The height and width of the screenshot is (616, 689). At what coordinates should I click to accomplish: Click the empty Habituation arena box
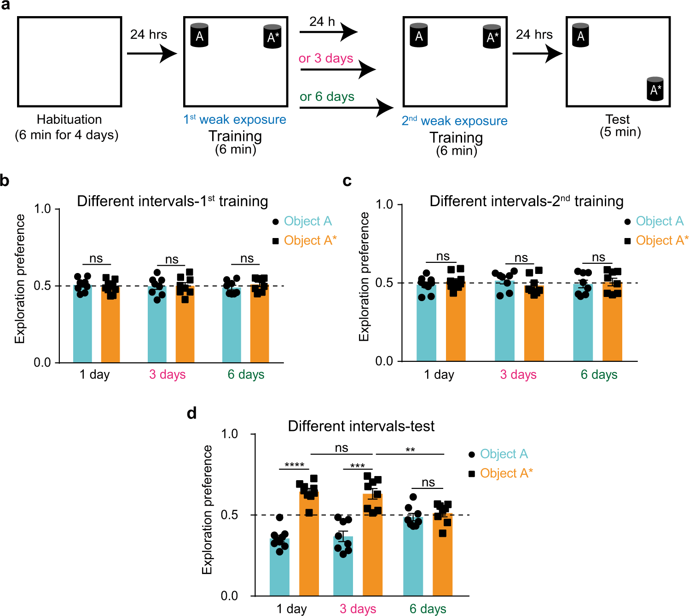point(69,62)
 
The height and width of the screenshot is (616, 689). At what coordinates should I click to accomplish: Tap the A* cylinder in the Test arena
point(655,89)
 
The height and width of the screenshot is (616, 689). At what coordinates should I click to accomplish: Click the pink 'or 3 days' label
point(326,58)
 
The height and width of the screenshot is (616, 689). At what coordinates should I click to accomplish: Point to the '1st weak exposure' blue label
point(235,120)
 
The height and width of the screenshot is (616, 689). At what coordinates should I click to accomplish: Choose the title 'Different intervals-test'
point(361,426)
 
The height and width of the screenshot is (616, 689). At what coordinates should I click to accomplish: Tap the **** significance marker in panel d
point(294,465)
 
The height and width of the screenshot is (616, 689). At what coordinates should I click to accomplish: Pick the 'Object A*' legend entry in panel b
point(310,240)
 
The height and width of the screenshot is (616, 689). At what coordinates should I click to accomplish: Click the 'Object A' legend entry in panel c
point(659,221)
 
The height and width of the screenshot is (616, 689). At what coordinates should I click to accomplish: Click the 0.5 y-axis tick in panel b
point(42,285)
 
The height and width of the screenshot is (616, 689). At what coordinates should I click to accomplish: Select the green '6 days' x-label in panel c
point(599,375)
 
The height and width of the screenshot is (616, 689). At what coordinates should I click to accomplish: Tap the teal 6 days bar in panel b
point(232,327)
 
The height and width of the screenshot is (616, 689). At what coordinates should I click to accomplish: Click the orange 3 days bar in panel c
point(534,325)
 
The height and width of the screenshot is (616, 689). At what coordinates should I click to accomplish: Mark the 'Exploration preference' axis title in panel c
point(364,276)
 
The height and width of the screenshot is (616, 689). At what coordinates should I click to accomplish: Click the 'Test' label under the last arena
point(618,120)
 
